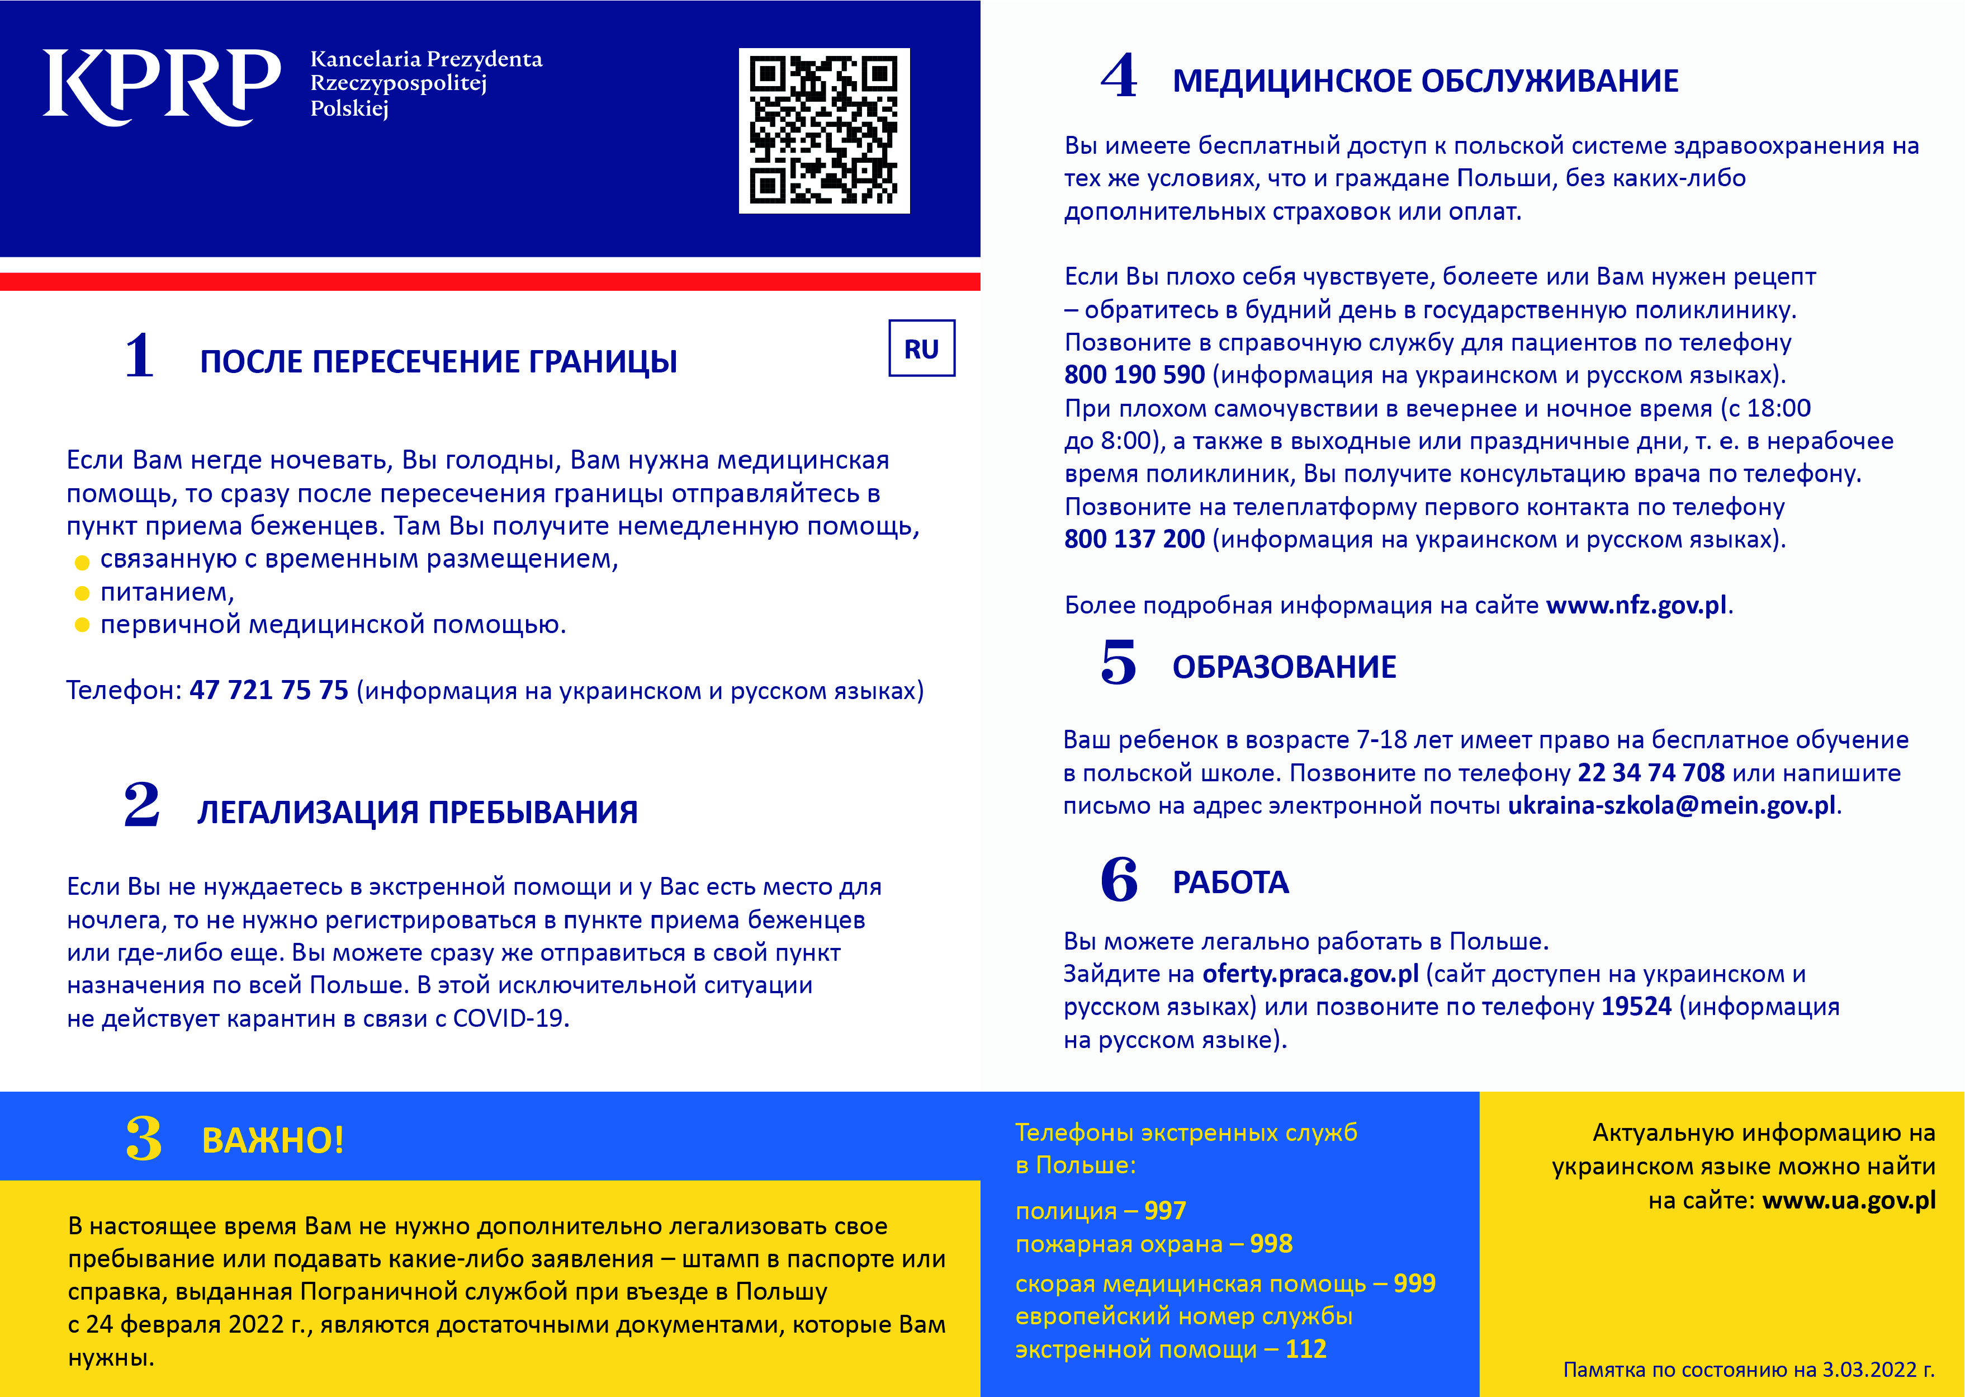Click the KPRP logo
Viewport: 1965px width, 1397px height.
tap(162, 86)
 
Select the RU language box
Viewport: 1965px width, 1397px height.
tap(921, 348)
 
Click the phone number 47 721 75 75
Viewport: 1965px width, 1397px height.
tap(268, 690)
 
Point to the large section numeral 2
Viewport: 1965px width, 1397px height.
tap(142, 805)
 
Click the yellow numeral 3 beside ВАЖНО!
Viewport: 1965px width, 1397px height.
tap(144, 1139)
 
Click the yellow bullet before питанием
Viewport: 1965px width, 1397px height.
tap(83, 593)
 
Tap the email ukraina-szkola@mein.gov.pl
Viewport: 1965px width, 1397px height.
tap(1671, 806)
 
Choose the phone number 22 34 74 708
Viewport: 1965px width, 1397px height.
tap(1650, 772)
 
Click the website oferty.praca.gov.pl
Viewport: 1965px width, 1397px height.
tap(1310, 974)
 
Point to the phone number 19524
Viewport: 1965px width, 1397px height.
tap(1636, 1007)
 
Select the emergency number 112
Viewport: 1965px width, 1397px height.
tap(1305, 1349)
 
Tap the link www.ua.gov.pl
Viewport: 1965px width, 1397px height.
tap(1848, 1200)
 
